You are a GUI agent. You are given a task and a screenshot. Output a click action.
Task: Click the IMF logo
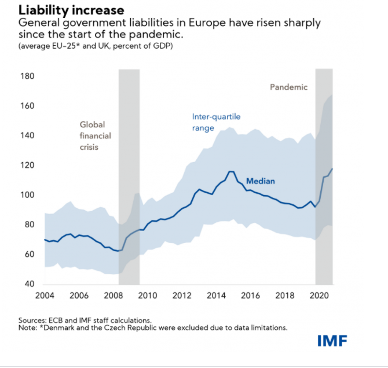tap(332, 341)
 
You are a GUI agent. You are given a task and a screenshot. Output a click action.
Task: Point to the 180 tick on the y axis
tap(27, 76)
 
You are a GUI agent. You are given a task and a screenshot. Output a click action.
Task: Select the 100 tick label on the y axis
tap(27, 195)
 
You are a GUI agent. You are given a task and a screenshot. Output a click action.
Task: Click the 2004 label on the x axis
tap(45, 296)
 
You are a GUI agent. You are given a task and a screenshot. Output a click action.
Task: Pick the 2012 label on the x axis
tap(182, 296)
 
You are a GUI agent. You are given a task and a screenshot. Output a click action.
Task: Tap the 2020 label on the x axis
tap(319, 296)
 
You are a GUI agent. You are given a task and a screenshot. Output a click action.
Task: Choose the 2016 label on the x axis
tap(250, 296)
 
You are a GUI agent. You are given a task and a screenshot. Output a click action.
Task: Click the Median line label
tap(260, 181)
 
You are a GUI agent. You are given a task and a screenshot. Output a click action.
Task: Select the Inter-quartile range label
tap(216, 122)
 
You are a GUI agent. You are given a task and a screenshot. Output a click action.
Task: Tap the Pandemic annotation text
tap(289, 87)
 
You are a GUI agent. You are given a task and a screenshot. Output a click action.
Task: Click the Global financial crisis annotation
tap(94, 135)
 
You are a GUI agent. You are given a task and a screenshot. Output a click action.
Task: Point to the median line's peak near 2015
tap(231, 171)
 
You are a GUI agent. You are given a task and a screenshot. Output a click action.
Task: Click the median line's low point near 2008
tap(118, 251)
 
